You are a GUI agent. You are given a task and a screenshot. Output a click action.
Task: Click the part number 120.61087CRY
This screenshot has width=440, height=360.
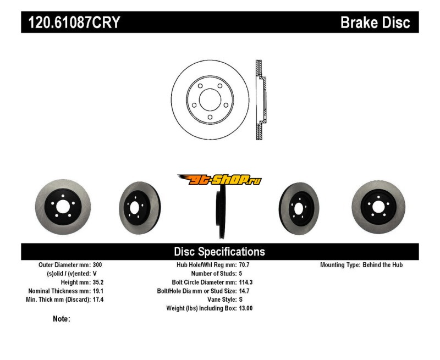70,23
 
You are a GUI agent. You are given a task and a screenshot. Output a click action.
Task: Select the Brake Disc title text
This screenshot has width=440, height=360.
375,23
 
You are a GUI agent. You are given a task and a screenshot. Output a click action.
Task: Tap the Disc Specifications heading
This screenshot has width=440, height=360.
219,252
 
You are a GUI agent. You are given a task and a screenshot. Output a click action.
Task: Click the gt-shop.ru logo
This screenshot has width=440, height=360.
219,180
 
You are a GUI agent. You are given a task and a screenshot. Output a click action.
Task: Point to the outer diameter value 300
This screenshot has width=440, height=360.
97,264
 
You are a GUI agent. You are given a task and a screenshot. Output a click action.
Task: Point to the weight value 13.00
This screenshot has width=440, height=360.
246,308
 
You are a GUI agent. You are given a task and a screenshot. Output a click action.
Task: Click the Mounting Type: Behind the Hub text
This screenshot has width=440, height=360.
361,264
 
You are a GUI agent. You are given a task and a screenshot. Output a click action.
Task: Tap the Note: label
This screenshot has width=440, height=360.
61,319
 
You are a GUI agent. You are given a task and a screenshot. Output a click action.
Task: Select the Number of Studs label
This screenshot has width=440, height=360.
212,273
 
